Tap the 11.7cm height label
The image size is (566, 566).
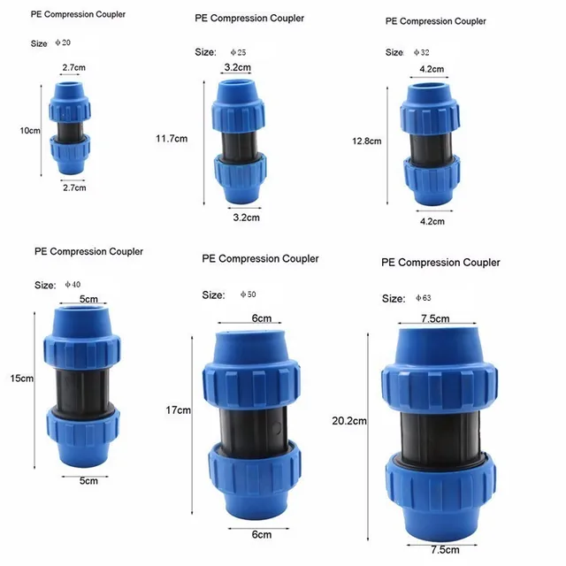click(x=172, y=138)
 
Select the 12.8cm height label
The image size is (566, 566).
click(x=367, y=141)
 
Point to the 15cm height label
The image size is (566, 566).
click(x=21, y=379)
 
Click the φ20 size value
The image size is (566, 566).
click(x=65, y=43)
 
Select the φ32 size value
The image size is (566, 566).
click(x=424, y=52)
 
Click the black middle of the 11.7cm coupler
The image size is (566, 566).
click(x=236, y=141)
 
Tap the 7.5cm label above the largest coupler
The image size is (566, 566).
click(x=434, y=318)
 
